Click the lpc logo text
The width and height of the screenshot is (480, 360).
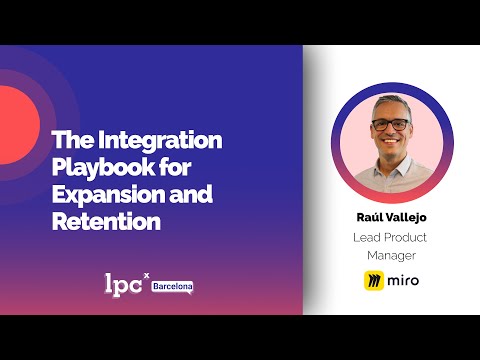[124, 283]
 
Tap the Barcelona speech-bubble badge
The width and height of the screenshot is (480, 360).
[172, 287]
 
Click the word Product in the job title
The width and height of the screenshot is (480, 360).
[411, 237]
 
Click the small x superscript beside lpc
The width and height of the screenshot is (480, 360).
[147, 274]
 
